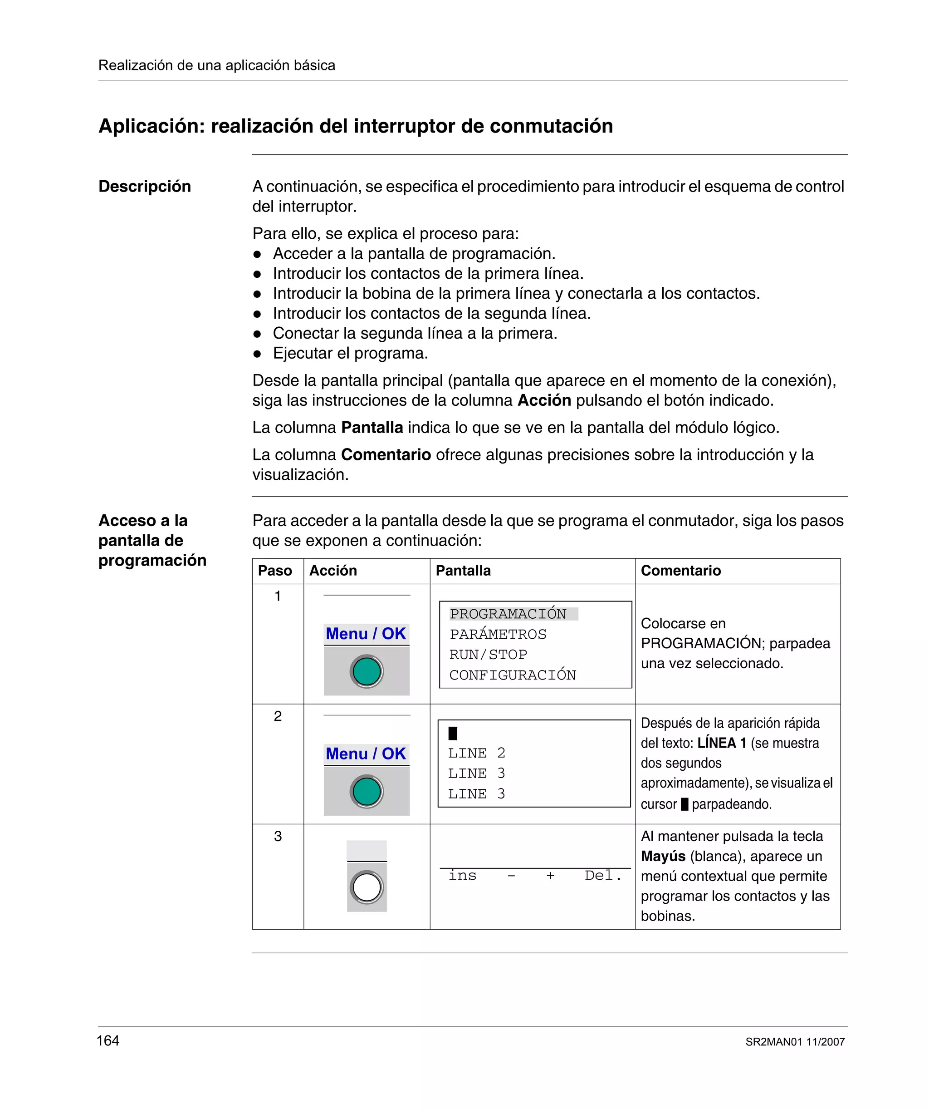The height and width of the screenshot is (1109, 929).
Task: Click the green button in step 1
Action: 367,671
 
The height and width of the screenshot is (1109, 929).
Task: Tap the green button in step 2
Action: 367,791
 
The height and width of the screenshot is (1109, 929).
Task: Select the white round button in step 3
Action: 367,887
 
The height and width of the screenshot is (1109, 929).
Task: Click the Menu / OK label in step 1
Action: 366,634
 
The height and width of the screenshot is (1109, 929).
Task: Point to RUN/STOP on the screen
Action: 488,654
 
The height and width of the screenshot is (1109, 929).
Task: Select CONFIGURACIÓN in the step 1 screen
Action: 513,675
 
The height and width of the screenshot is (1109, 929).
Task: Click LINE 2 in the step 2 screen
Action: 477,753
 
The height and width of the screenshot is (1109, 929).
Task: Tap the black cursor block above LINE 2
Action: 453,733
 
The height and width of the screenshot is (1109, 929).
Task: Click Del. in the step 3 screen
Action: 603,876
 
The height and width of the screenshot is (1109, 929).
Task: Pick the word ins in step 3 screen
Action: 462,876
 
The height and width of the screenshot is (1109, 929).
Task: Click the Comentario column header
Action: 680,570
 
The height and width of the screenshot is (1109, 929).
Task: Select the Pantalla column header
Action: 463,570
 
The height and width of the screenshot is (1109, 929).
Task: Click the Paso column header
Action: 275,570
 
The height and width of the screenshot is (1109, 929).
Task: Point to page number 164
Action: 108,1040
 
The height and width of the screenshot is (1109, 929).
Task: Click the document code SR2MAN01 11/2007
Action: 794,1042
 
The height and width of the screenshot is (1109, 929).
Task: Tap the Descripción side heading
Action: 145,187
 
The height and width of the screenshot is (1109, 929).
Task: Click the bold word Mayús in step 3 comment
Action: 663,856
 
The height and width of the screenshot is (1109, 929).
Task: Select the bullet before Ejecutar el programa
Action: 257,353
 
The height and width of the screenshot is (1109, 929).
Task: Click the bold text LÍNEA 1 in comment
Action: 722,743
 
